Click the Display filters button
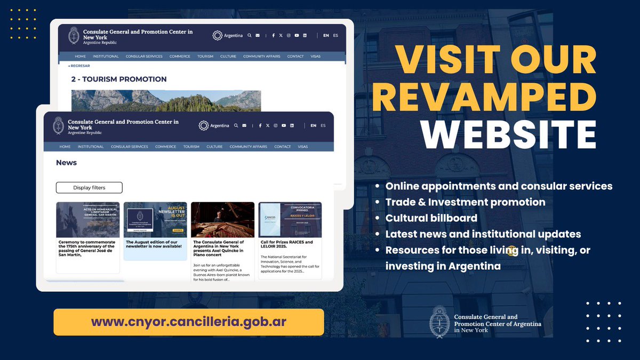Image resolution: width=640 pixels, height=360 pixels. pos(89,188)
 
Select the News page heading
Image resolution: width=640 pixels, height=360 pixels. pos(67,163)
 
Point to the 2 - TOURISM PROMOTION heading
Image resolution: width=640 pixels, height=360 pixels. pos(119,79)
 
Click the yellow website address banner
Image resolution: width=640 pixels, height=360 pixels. pos(189,322)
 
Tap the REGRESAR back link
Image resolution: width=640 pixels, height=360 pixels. pos(79,66)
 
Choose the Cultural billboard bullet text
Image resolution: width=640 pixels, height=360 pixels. pos(431,218)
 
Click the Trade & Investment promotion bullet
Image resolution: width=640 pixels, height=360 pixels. pos(465,202)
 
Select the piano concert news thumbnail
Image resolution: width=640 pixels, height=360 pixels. pos(222,219)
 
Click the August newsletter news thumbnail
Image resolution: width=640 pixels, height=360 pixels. pos(155,219)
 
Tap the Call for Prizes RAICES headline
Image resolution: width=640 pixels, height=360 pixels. pos(287,244)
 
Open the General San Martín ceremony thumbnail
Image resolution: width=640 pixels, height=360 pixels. pos(88,219)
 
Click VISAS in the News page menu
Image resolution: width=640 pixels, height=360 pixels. pos(303,147)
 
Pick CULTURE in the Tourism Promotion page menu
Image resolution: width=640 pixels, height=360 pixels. pos(228,56)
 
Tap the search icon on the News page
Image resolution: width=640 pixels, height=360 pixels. pos(236,126)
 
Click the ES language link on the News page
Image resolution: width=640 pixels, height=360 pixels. pos(323,126)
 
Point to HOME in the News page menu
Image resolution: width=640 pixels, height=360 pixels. pos(65,147)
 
